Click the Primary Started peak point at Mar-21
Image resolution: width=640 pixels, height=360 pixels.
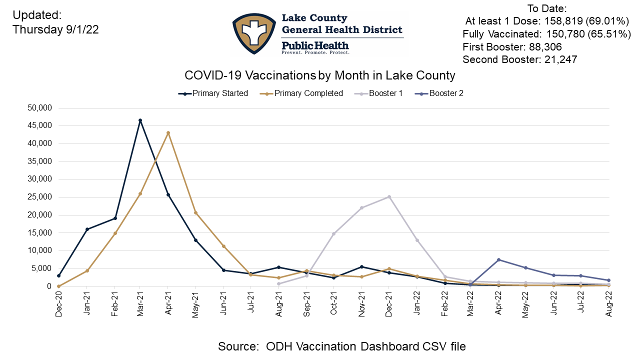click(140, 120)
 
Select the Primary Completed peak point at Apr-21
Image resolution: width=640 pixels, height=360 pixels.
click(168, 133)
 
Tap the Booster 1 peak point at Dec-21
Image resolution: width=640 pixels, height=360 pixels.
click(389, 196)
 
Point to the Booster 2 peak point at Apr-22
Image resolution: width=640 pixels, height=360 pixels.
click(499, 259)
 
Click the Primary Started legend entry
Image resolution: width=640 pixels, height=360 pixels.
click(213, 93)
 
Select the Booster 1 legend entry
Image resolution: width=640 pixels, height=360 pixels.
click(378, 93)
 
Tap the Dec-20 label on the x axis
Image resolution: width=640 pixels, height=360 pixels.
click(59, 301)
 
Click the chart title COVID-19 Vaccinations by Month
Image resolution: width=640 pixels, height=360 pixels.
click(320, 75)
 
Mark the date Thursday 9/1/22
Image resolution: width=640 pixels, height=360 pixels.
click(55, 30)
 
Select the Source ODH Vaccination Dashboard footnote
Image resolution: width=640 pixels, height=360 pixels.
click(342, 346)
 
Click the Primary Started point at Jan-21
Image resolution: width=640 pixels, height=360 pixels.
click(86, 229)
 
